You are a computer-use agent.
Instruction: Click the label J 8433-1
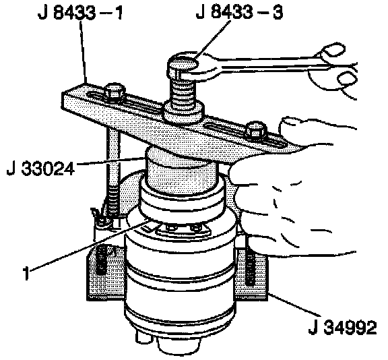click(80, 13)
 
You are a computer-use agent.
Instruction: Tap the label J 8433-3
click(239, 12)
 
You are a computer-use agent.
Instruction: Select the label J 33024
click(41, 169)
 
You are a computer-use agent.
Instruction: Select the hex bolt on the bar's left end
click(114, 93)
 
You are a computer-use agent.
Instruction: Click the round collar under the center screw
click(183, 113)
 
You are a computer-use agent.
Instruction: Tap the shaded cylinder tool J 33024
click(181, 170)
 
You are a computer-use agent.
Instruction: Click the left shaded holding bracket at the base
click(106, 272)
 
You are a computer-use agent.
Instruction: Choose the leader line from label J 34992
click(294, 305)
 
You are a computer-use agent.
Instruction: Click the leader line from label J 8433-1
click(84, 53)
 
